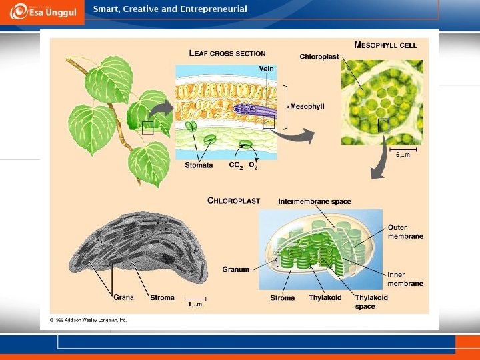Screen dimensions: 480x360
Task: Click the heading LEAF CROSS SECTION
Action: [x=227, y=53]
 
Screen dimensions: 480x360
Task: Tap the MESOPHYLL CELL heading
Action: [x=385, y=45]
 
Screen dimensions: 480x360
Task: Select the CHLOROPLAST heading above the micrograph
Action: [x=233, y=201]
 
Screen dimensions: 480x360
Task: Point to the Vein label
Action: [x=266, y=69]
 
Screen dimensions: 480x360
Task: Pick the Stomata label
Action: [x=199, y=165]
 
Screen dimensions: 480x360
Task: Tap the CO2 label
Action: [x=236, y=165]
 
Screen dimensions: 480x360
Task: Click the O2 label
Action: [x=253, y=165]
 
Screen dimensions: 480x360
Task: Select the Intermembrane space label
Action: [x=314, y=201]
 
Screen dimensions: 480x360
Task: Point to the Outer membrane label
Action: [x=405, y=231]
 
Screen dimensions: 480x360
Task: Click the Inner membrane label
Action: [x=405, y=279]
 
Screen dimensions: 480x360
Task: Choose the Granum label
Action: [x=235, y=270]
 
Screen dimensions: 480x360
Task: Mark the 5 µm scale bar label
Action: [x=403, y=155]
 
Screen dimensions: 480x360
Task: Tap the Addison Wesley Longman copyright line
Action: [x=84, y=320]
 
